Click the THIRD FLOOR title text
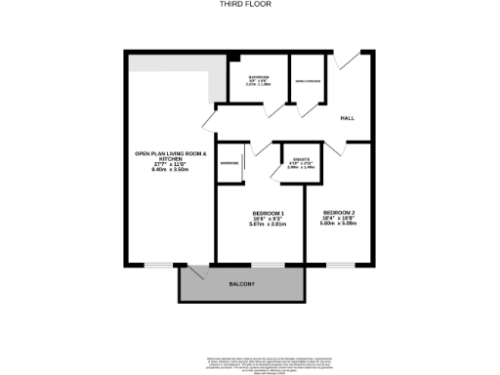pyautogui.click(x=250, y=4)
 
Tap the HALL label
pyautogui.click(x=347, y=118)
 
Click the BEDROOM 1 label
pyautogui.click(x=268, y=214)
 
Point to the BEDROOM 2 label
pyautogui.click(x=338, y=212)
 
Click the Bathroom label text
pyautogui.click(x=259, y=77)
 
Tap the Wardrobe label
pyautogui.click(x=229, y=162)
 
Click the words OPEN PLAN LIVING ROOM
pyautogui.click(x=171, y=153)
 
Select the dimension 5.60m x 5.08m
pyautogui.click(x=338, y=223)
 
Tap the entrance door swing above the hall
pyautogui.click(x=345, y=60)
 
